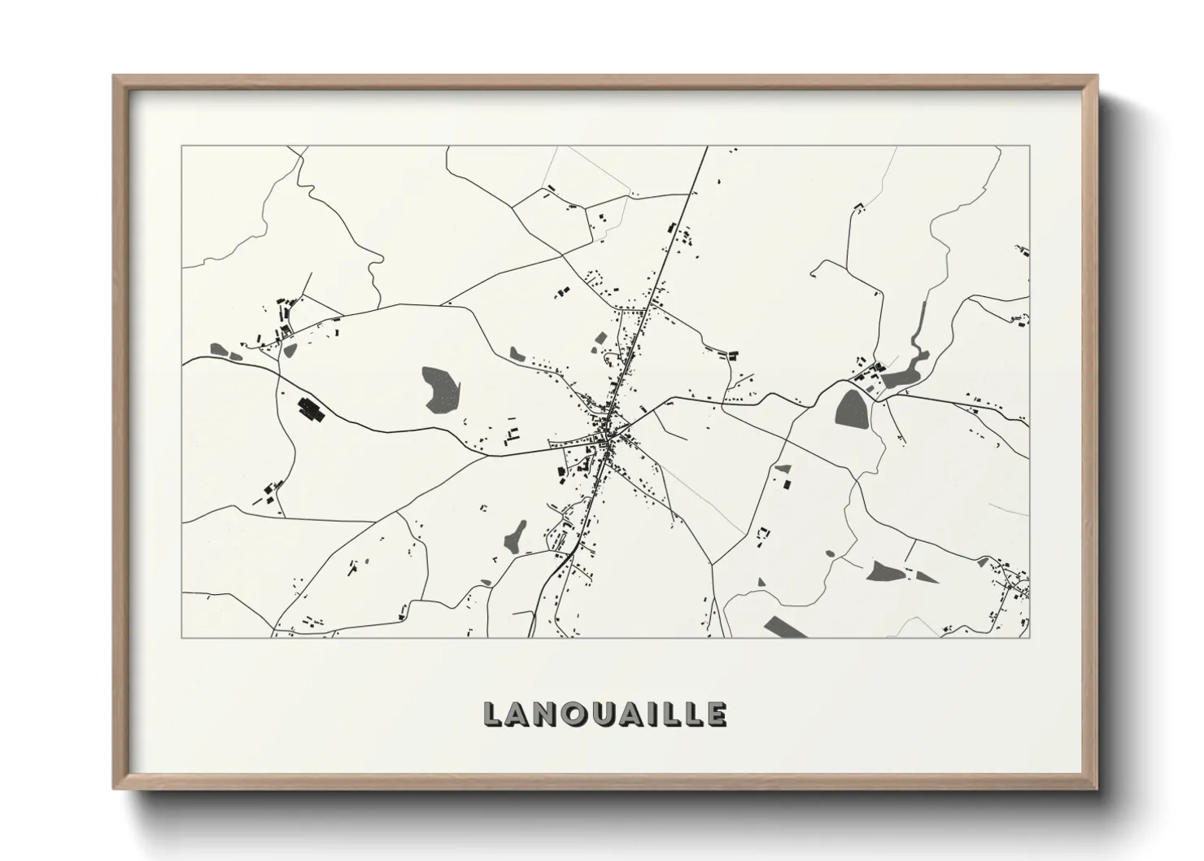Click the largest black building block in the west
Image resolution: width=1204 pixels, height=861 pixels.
coord(311,409)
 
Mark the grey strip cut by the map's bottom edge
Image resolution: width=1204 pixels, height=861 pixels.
coord(784,627)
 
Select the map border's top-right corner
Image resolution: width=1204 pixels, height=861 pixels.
coord(1029,146)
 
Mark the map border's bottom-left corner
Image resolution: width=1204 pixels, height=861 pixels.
coord(182,637)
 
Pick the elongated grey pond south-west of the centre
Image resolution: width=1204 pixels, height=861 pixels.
coord(515,535)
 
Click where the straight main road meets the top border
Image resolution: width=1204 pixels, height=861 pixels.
coord(707,146)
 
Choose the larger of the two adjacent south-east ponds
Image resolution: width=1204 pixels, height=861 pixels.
coord(883,570)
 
